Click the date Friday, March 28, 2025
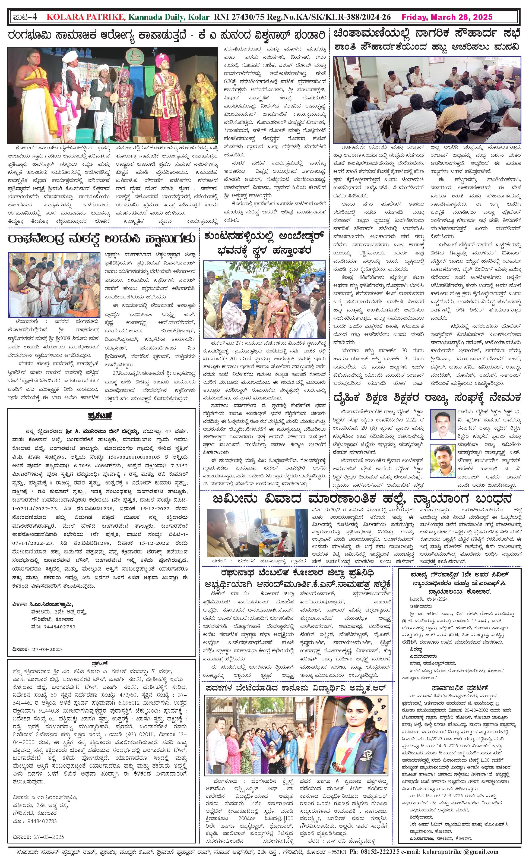(x=447, y=17)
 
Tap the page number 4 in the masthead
(x=34, y=17)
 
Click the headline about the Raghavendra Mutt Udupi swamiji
(x=102, y=239)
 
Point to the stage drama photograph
(x=112, y=95)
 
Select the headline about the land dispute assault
(x=362, y=499)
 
